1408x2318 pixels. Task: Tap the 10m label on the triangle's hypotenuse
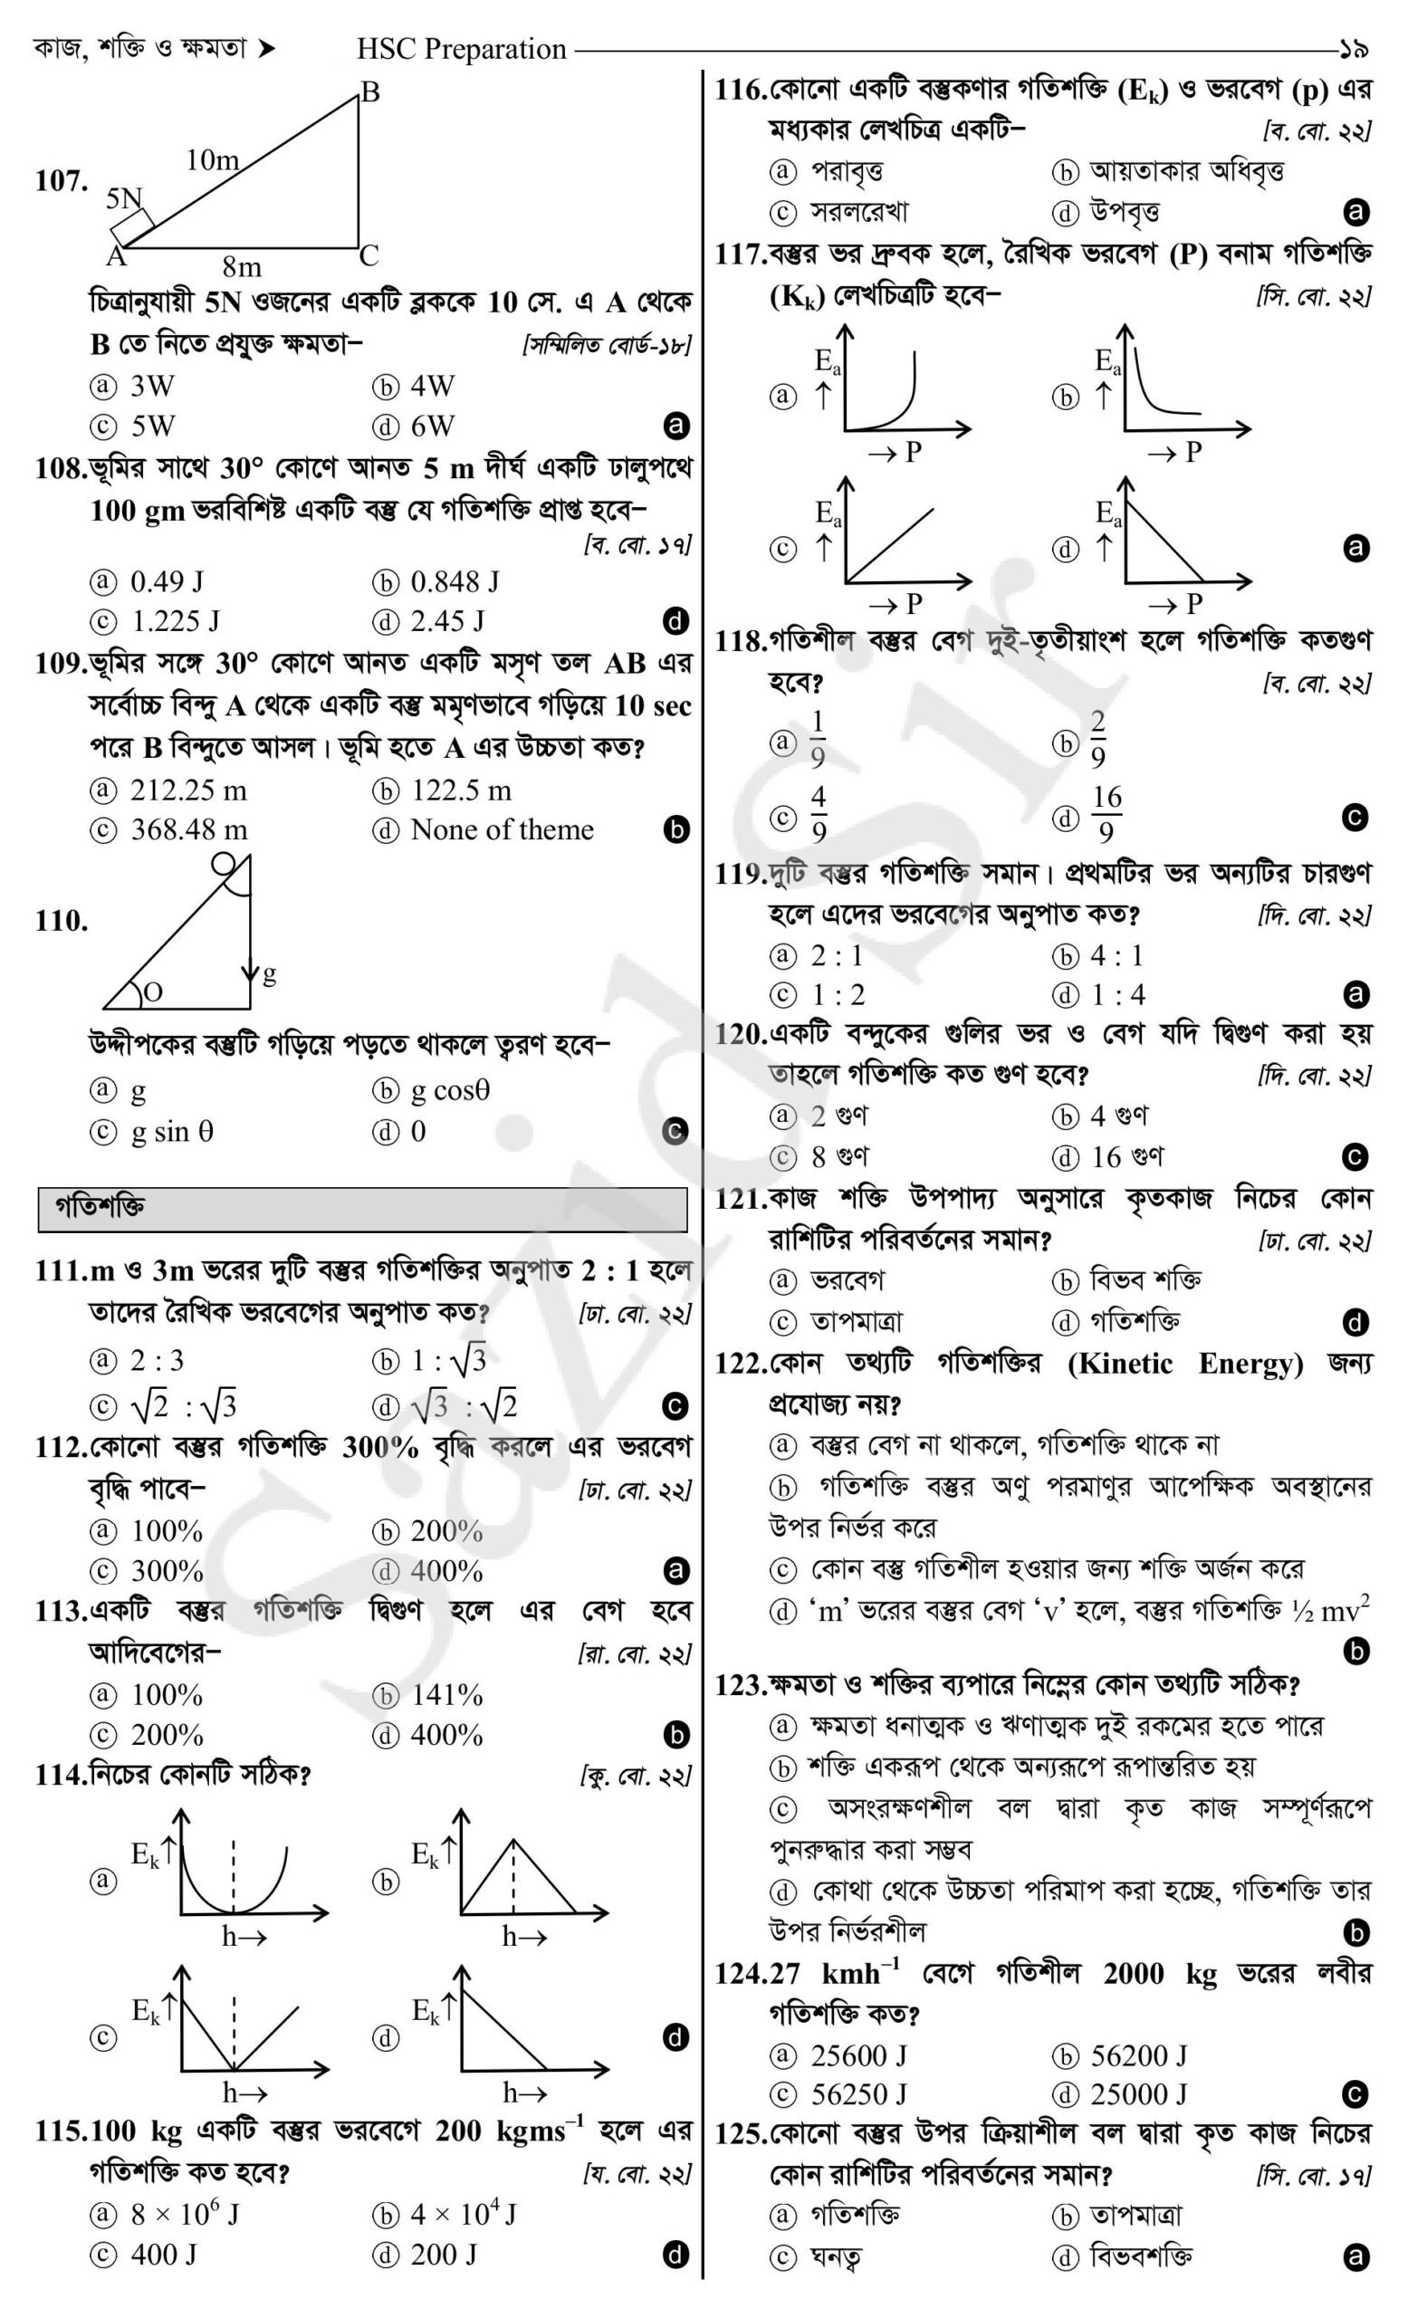(212, 161)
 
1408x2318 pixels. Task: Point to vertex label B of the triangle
(369, 92)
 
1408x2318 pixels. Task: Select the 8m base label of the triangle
(242, 268)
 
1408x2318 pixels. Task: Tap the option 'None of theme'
(502, 829)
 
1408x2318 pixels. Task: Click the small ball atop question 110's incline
(224, 864)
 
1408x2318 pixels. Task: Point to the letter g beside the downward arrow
(269, 973)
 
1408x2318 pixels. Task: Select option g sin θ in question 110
(171, 1131)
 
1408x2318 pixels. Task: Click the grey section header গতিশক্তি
(101, 1208)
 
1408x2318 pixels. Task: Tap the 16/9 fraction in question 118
(1106, 816)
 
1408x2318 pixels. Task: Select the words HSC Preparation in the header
(461, 49)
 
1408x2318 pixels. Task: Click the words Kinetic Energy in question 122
(1185, 1363)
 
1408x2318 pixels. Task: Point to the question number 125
(739, 2134)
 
